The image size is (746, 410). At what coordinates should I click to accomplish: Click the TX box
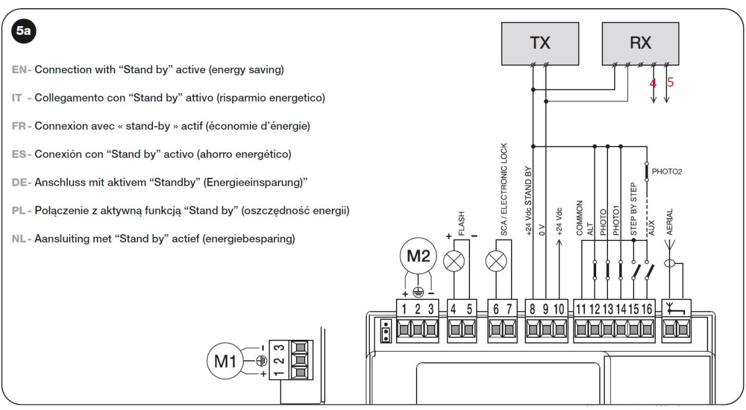click(540, 43)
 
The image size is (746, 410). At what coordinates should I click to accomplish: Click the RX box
click(640, 43)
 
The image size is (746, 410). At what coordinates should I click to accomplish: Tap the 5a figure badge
click(24, 31)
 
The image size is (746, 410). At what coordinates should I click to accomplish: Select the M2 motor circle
click(418, 256)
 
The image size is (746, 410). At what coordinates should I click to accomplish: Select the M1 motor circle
click(226, 361)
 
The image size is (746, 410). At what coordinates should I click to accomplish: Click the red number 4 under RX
click(653, 83)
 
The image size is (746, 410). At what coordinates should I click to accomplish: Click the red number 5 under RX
click(670, 82)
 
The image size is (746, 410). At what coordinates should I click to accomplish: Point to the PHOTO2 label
click(666, 171)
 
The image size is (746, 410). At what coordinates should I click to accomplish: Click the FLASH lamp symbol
click(454, 261)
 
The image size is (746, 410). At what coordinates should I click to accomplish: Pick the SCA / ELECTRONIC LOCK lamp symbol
click(496, 261)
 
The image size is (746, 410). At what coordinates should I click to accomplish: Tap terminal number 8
click(532, 309)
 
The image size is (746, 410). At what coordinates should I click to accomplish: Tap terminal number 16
click(647, 309)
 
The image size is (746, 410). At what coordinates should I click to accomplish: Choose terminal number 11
click(581, 309)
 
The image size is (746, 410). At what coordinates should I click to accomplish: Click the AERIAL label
click(670, 222)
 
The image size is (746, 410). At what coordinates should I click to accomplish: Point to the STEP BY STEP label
click(633, 209)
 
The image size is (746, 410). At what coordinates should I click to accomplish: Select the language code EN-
click(22, 70)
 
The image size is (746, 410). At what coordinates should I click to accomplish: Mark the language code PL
click(19, 211)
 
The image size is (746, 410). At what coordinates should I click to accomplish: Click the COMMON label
click(579, 218)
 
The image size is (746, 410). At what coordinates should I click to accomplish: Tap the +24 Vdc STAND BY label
click(528, 201)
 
